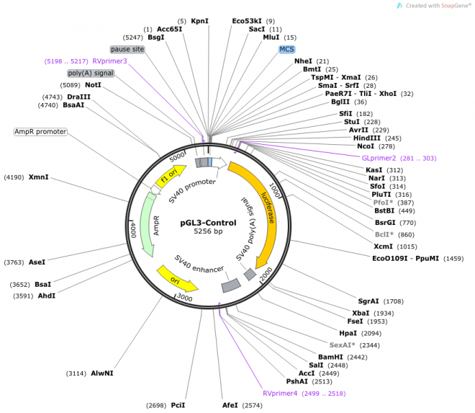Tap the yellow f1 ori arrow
pos(171,176)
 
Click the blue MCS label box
pos(286,49)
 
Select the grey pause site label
pos(127,49)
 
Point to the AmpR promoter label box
pos(40,132)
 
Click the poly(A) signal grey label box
pos(91,73)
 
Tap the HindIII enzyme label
pos(366,138)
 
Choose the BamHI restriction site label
pos(330,358)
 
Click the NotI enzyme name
pos(93,85)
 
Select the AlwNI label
pos(101,373)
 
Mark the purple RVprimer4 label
pos(280,394)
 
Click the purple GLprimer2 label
pos(379,158)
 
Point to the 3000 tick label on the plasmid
pos(185,297)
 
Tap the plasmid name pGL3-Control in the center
pos(208,223)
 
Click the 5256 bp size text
pos(208,231)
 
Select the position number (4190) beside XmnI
pos(14,177)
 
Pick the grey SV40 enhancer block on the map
pos(231,285)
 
